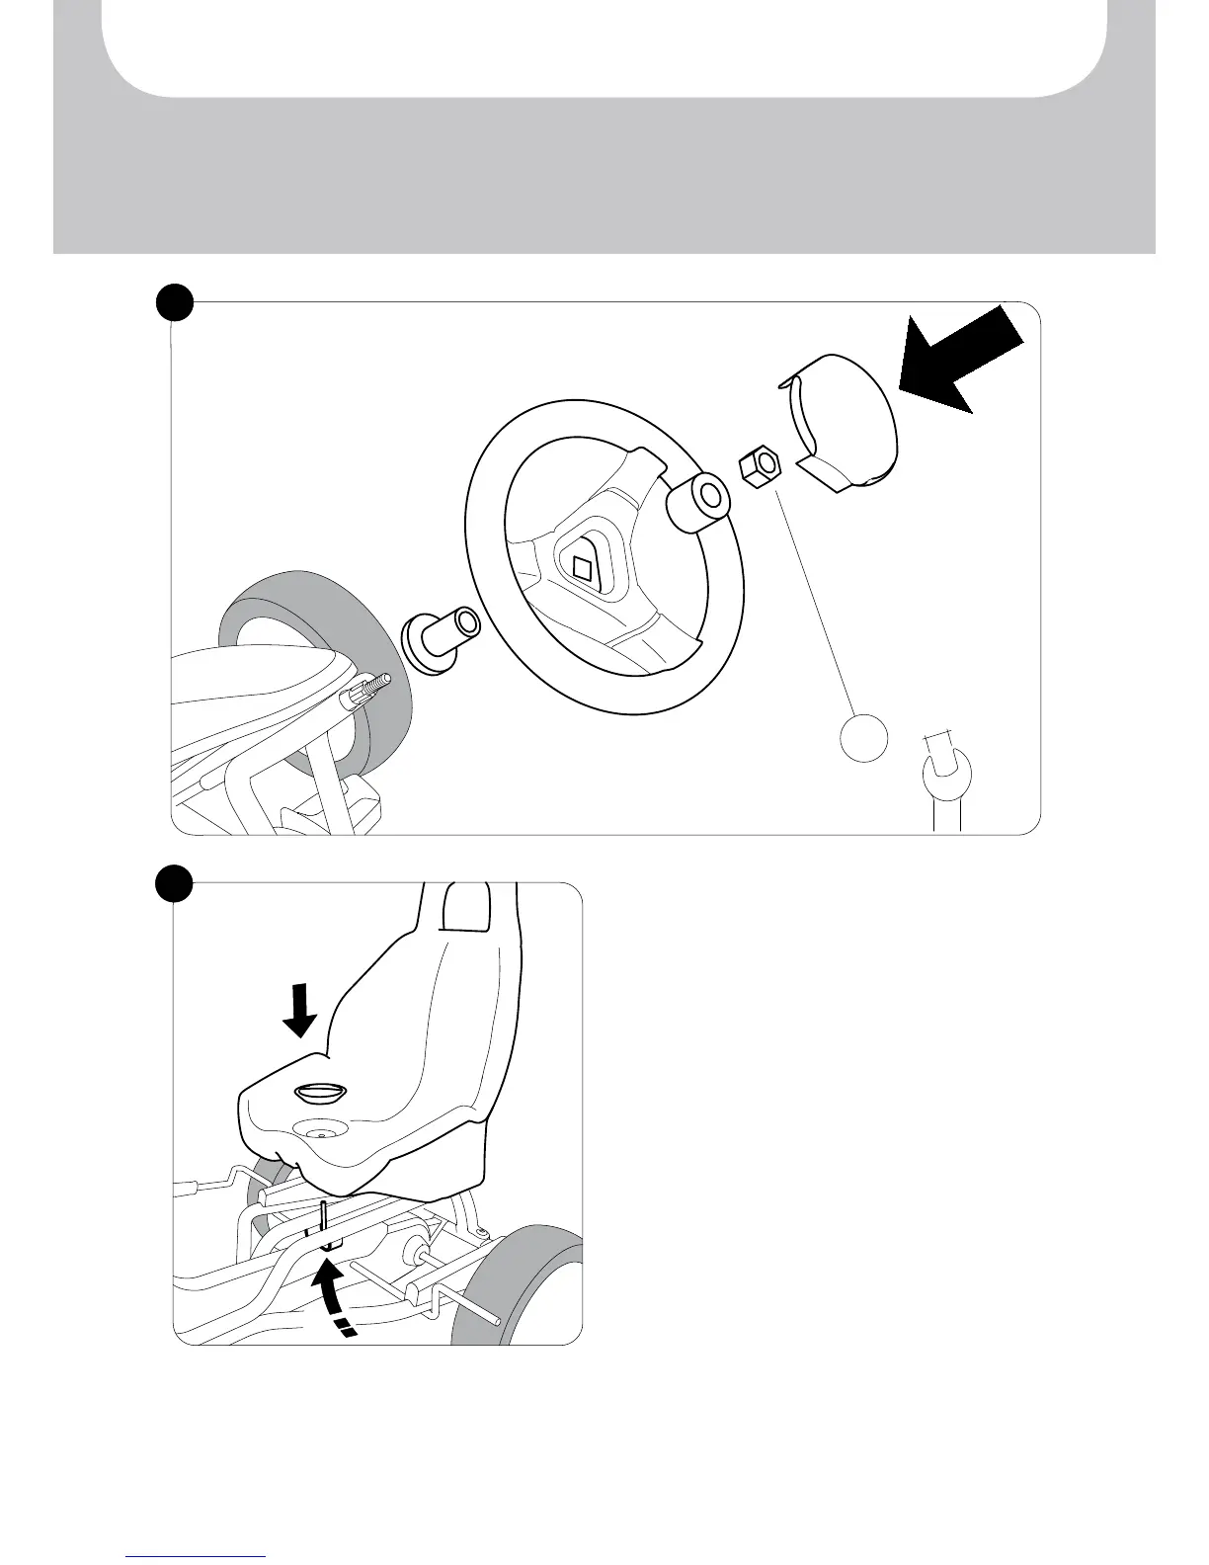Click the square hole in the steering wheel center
[x=583, y=567]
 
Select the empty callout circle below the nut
[x=863, y=737]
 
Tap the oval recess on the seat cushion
[x=319, y=1092]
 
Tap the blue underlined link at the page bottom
[x=196, y=1557]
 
